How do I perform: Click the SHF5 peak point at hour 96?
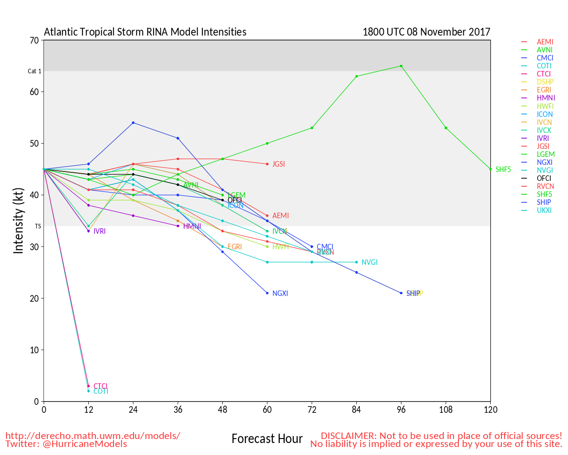click(x=401, y=66)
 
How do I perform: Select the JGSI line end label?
click(x=279, y=164)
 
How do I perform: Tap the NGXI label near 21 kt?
click(x=280, y=293)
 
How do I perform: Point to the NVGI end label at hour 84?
click(x=369, y=262)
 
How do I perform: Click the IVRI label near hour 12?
click(x=99, y=231)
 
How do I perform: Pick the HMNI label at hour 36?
click(x=192, y=226)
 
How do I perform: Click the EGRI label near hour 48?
click(x=235, y=247)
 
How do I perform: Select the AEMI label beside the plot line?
click(x=280, y=216)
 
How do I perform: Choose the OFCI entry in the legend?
click(x=544, y=178)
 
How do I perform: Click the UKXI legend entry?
click(x=544, y=210)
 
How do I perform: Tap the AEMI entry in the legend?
click(x=545, y=42)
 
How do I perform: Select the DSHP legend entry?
click(x=545, y=82)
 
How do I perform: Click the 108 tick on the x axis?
click(x=446, y=410)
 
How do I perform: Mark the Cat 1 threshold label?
click(x=35, y=71)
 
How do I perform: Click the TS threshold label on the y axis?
click(x=38, y=226)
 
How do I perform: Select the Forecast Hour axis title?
click(x=267, y=439)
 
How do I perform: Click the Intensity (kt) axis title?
click(x=18, y=221)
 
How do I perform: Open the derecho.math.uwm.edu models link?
click(x=93, y=435)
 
